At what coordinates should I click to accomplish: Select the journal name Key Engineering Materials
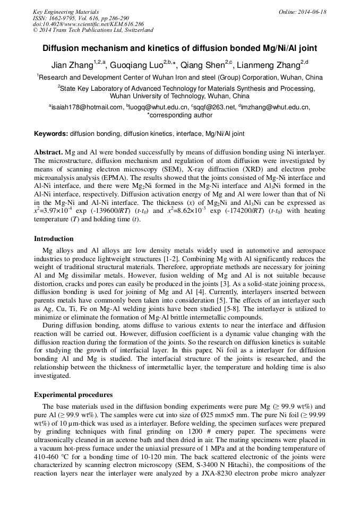[66, 12]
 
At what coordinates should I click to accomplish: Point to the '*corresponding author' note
[179, 115]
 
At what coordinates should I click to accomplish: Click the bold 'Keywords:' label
[51, 134]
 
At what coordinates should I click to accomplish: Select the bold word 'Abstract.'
[49, 152]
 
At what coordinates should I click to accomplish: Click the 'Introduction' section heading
[54, 239]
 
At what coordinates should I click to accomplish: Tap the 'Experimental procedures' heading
[73, 395]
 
